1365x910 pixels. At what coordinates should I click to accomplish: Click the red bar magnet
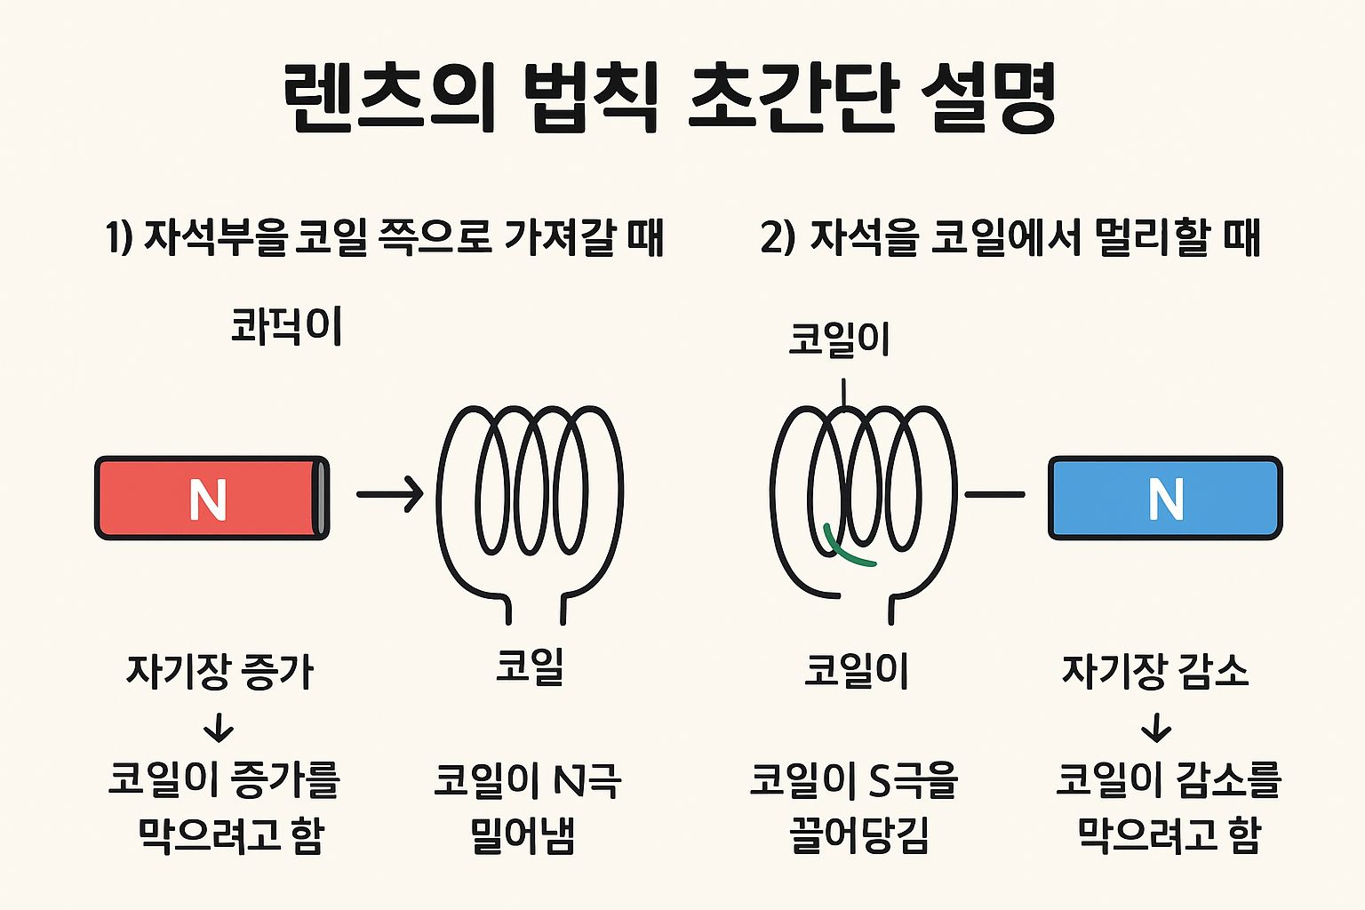point(212,498)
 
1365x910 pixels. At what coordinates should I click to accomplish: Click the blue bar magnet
point(1165,498)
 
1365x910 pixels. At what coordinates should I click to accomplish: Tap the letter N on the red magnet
point(208,500)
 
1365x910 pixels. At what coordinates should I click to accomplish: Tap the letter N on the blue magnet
point(1165,499)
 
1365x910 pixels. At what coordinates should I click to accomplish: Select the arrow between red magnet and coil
point(390,494)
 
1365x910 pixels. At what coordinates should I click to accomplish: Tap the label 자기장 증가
point(220,671)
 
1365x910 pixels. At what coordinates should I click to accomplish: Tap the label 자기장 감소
point(1155,671)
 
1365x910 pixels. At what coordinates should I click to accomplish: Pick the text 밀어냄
point(523,835)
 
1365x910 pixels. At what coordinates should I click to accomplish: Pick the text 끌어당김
point(858,835)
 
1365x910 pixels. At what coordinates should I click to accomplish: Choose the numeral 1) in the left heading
point(119,237)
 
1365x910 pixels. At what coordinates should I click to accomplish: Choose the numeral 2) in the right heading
point(778,237)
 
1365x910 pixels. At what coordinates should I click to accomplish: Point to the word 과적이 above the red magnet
point(286,326)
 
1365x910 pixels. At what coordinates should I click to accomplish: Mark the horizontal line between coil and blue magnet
point(994,494)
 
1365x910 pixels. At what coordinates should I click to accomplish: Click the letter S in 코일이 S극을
point(878,780)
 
